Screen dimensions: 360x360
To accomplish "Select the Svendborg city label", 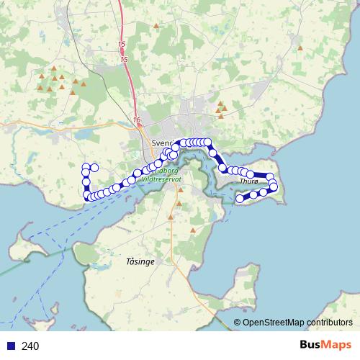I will point(164,142).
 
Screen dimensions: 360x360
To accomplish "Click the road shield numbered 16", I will point(137,119).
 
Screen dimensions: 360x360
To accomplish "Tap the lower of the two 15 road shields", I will point(125,58).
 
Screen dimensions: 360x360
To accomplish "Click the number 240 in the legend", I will point(30,346).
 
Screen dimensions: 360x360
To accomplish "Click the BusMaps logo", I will point(325,346).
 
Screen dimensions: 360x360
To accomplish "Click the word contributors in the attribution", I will point(330,323).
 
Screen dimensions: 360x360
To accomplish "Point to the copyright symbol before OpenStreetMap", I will point(237,323).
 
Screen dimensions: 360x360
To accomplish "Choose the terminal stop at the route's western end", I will point(94,168).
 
